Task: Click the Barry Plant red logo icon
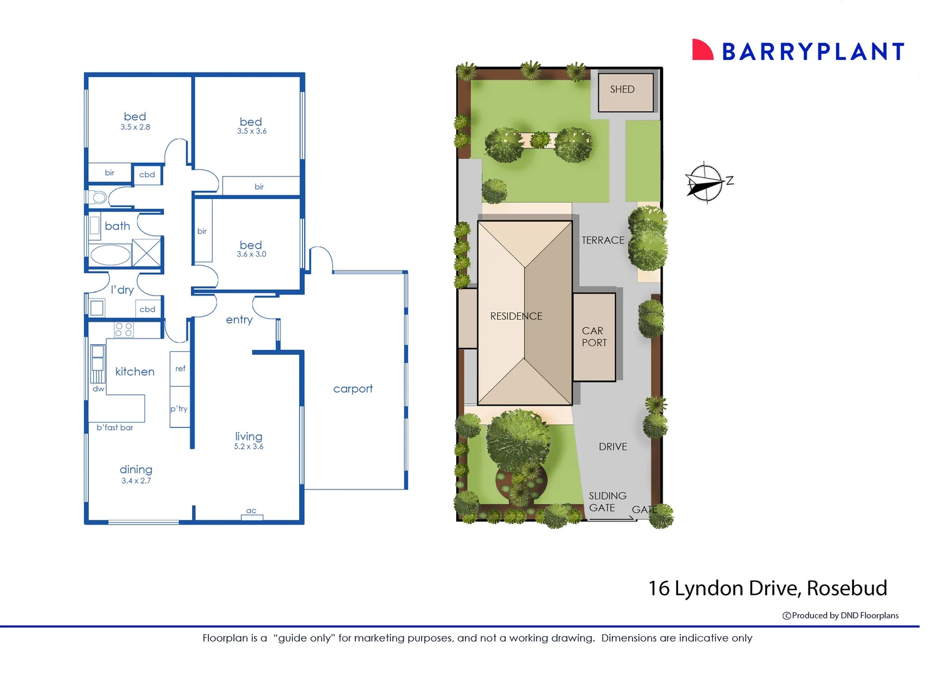702,50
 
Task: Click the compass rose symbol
706,183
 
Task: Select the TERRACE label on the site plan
603,240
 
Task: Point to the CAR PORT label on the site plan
594,337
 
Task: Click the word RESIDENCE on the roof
516,316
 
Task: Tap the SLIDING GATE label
607,502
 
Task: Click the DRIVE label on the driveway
613,447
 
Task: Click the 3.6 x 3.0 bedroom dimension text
252,254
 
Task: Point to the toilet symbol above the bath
99,198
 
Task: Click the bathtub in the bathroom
110,255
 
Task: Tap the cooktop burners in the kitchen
124,329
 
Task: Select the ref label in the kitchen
180,369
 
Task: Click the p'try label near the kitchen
179,409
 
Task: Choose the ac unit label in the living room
251,511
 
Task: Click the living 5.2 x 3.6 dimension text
248,446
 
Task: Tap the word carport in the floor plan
353,389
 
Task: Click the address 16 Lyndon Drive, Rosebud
767,588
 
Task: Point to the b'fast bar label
115,428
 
